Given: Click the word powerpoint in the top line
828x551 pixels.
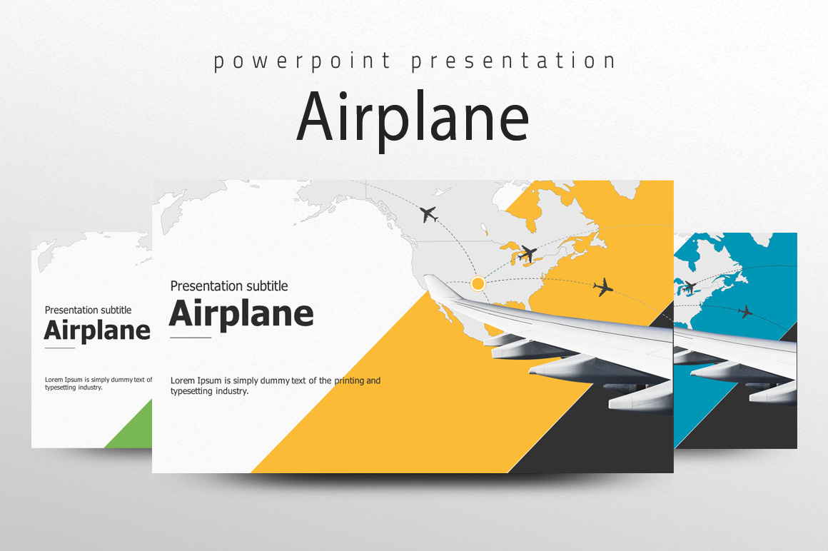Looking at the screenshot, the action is [x=302, y=61].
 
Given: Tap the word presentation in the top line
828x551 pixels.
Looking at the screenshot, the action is [x=513, y=61].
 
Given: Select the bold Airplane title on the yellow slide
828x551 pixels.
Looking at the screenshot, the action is [x=241, y=314].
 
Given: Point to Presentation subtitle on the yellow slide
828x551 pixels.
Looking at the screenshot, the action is [x=229, y=286].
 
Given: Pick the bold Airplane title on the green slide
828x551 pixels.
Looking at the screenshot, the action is [x=97, y=331].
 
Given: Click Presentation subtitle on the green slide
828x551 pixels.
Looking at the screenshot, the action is [x=89, y=310].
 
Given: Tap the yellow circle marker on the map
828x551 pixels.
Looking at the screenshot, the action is [x=478, y=284].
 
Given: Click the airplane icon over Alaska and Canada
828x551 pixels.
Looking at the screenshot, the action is [x=429, y=214].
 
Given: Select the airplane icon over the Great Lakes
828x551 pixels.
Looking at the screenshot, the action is [x=527, y=254].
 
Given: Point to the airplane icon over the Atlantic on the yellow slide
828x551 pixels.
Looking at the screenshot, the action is [x=603, y=288].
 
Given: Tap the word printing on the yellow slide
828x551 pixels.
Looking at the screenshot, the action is [x=349, y=380].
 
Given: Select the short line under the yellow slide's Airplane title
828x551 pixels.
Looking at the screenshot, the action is [x=191, y=338].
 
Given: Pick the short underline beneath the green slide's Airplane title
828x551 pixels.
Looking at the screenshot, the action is [x=60, y=348].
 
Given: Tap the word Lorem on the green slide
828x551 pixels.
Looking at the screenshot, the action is [x=54, y=380].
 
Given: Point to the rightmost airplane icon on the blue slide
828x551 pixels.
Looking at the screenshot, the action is [x=745, y=312].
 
